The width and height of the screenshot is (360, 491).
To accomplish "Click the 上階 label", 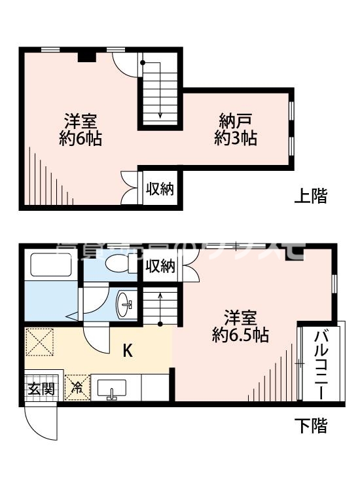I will click(x=310, y=195).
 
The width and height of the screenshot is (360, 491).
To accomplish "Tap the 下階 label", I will click(x=310, y=426).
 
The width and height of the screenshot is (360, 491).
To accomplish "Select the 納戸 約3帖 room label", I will click(x=236, y=129).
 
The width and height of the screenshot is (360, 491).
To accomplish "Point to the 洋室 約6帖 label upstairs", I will click(x=81, y=129).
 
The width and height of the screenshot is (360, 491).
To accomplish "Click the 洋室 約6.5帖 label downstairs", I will click(x=241, y=325).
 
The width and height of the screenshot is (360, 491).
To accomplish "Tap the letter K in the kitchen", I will click(x=128, y=351).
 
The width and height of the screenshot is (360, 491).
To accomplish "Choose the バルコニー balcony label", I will click(x=321, y=364).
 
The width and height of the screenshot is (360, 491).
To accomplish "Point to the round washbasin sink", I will click(x=126, y=304).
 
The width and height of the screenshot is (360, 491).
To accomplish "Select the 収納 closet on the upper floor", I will click(x=159, y=190).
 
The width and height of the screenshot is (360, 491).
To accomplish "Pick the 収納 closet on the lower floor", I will click(x=160, y=266).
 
